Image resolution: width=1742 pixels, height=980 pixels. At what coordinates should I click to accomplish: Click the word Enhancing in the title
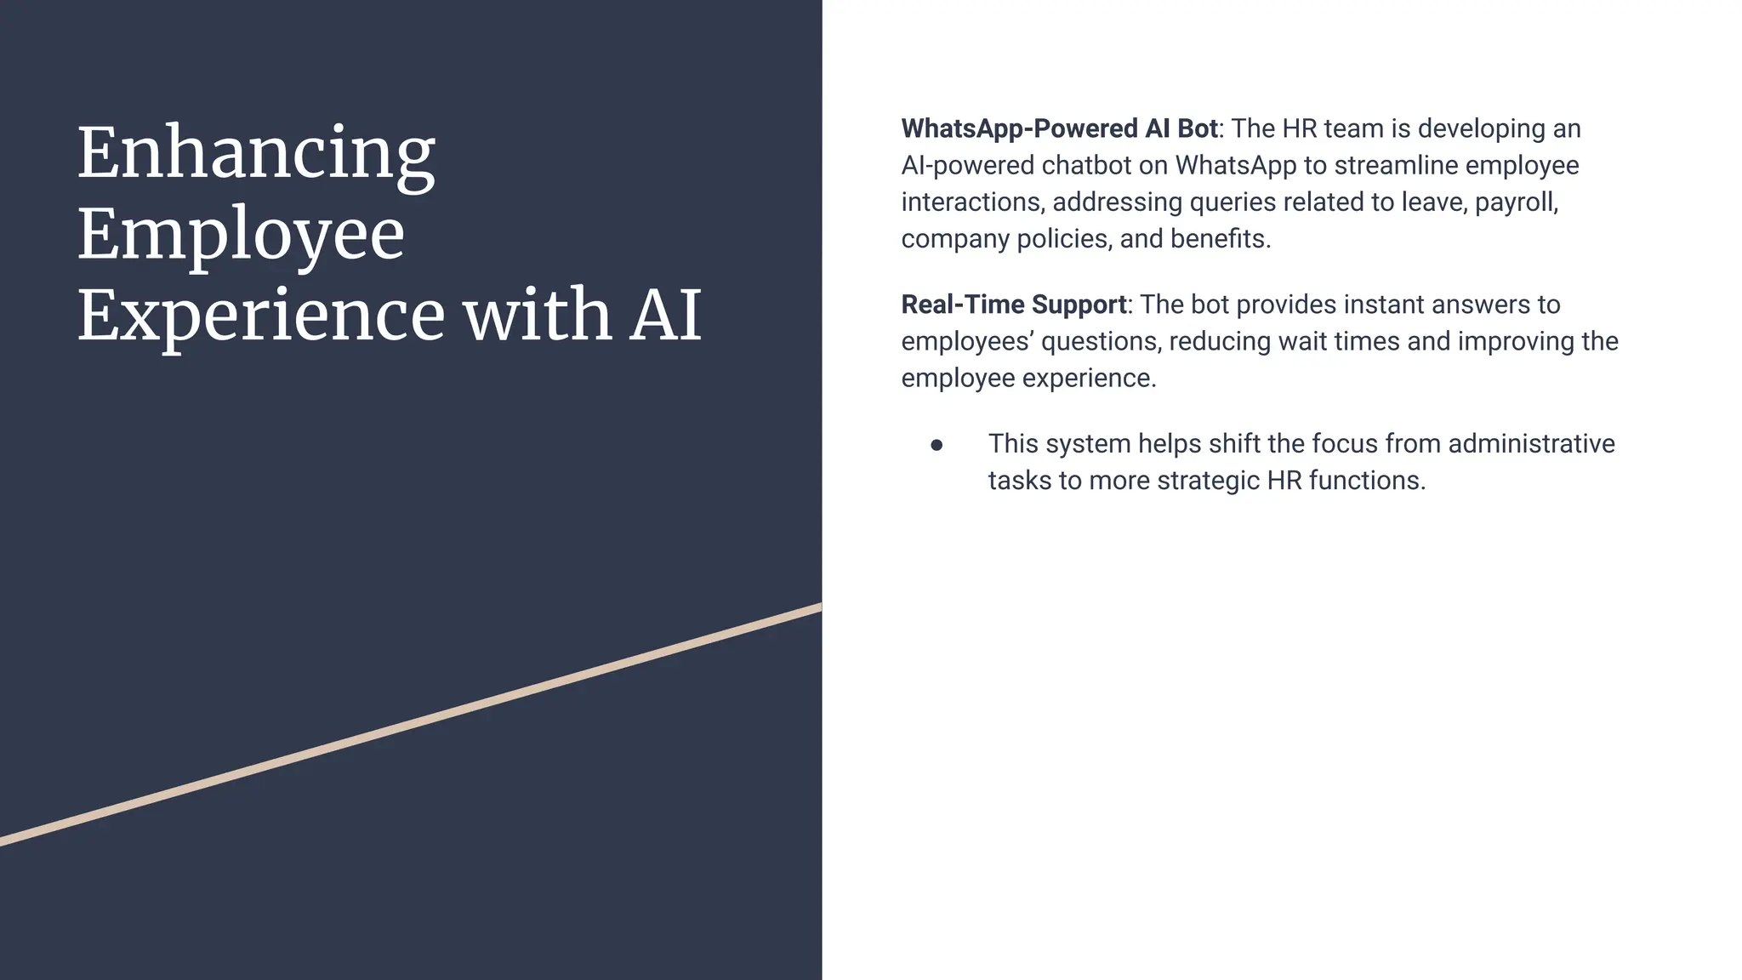(x=256, y=155)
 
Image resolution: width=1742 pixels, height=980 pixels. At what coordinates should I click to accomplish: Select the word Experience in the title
(x=260, y=316)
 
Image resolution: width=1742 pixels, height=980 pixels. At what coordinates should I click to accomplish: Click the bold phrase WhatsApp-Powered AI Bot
(x=1060, y=129)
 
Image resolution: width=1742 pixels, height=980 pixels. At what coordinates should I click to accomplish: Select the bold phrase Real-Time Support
(x=1014, y=305)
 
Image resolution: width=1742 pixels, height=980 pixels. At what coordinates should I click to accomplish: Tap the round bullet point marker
(x=936, y=445)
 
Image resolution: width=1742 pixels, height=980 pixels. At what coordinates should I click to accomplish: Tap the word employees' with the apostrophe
(x=967, y=342)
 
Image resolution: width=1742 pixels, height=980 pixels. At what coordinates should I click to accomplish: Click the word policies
(x=1063, y=239)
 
